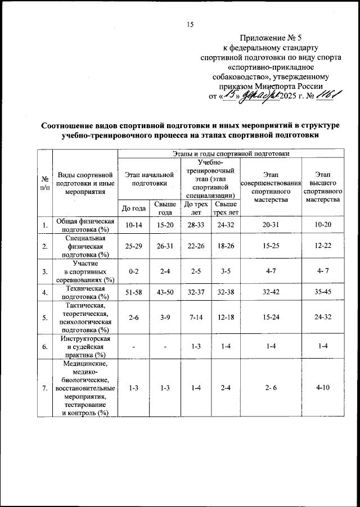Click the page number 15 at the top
coord(190,24)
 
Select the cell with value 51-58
coord(133,292)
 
